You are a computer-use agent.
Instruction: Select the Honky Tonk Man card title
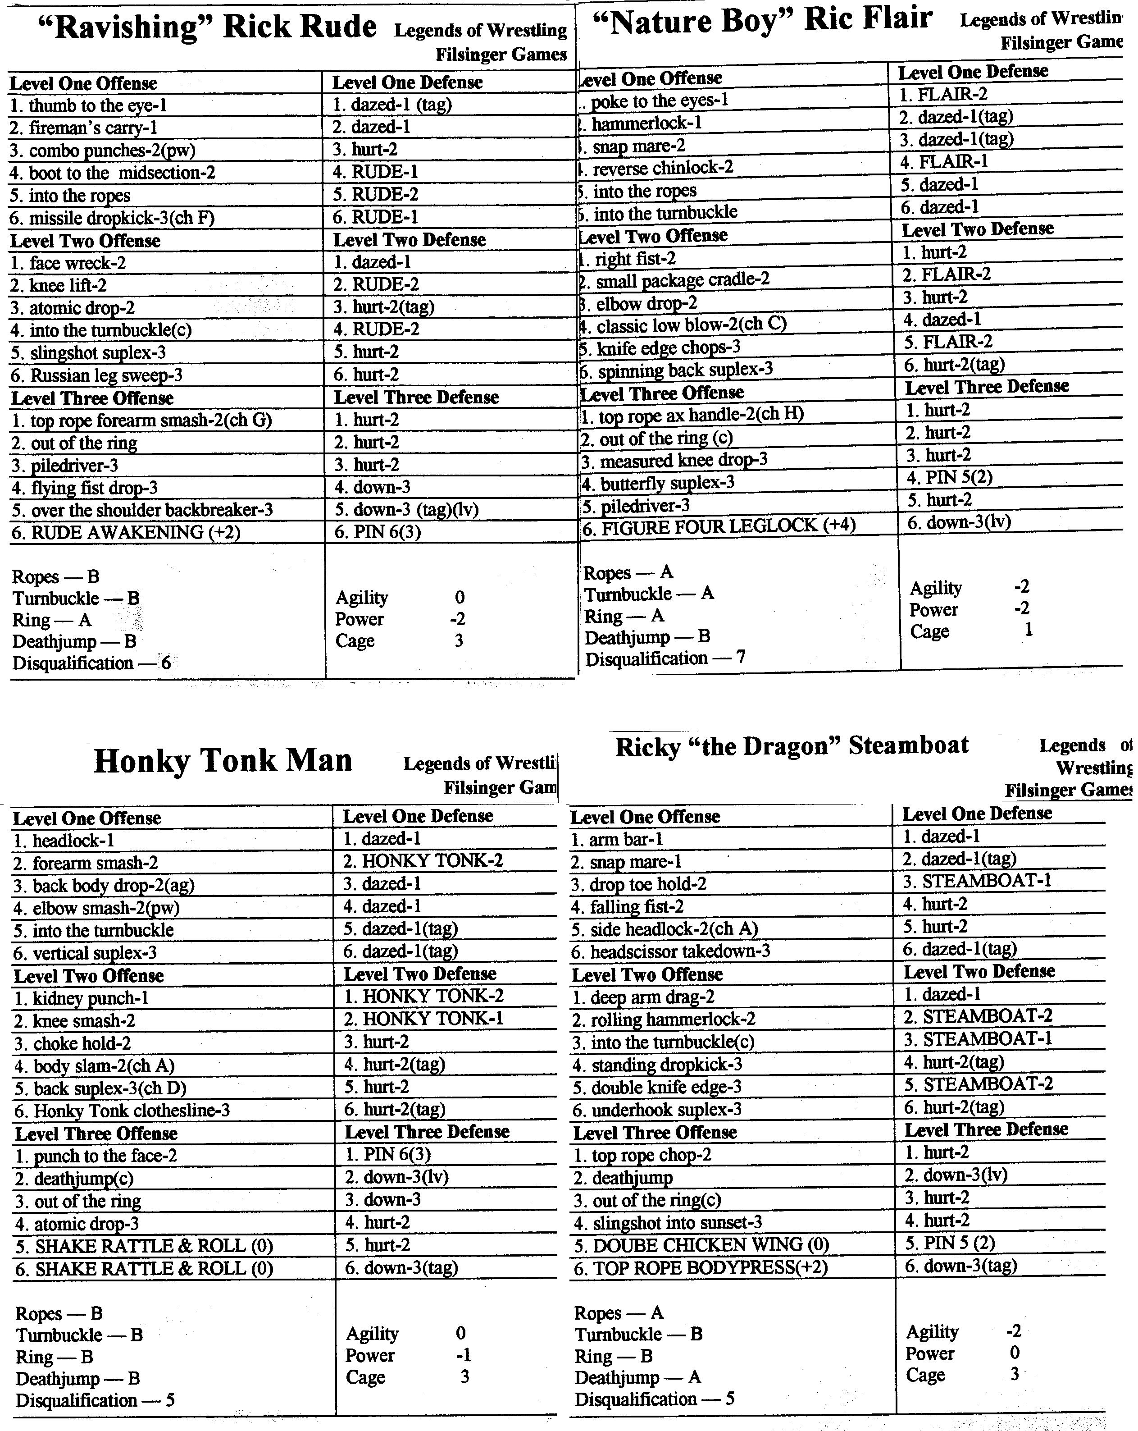click(223, 761)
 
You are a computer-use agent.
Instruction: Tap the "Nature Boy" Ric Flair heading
click(762, 21)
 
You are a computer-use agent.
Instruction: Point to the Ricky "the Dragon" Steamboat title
click(792, 746)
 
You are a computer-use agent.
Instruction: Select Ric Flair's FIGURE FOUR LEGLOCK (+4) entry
click(719, 526)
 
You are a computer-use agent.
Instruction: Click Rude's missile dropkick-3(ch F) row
click(112, 218)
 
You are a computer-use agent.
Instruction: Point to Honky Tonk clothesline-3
click(123, 1111)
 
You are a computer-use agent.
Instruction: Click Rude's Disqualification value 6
click(166, 663)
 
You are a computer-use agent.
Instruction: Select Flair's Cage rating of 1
click(1028, 629)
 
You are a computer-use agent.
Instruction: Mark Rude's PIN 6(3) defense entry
click(378, 532)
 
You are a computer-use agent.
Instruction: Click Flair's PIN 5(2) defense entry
click(950, 478)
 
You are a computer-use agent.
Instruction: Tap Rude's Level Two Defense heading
click(410, 240)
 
